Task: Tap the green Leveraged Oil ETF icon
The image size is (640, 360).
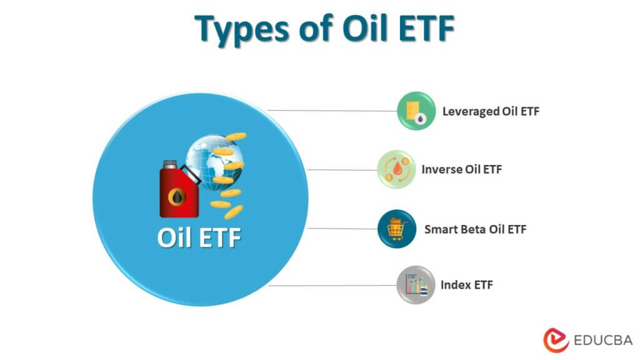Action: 416,111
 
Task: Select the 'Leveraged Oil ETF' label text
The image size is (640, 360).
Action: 491,112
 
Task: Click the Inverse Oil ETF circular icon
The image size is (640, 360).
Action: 396,169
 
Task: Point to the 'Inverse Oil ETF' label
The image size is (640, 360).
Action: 462,169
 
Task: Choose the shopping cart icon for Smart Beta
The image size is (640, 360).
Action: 396,229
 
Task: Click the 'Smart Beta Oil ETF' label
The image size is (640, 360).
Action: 475,229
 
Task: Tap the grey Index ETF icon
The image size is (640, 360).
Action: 416,286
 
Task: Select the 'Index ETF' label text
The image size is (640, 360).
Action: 466,286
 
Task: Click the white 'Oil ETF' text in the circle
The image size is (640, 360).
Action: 199,239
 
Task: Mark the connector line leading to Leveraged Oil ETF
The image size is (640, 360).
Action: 331,111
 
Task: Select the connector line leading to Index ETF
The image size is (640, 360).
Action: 331,286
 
